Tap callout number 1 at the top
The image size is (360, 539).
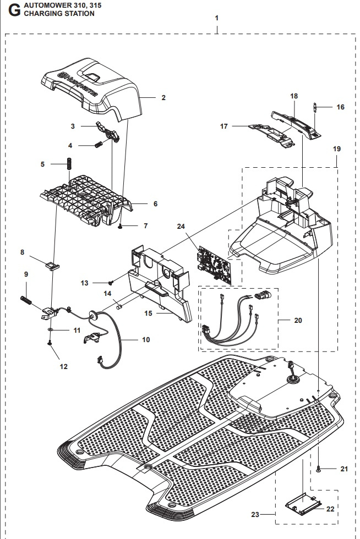pyautogui.click(x=217, y=18)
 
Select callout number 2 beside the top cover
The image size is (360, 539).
pyautogui.click(x=163, y=98)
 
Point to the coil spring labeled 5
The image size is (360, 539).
pyautogui.click(x=70, y=164)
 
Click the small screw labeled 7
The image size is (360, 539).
pyautogui.click(x=120, y=226)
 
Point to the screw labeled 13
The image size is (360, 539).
pyautogui.click(x=111, y=282)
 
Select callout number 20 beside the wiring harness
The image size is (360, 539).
pyautogui.click(x=298, y=321)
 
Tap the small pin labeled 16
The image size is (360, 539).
pyautogui.click(x=315, y=107)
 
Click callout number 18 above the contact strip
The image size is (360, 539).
pyautogui.click(x=294, y=96)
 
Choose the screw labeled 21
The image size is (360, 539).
pyautogui.click(x=320, y=468)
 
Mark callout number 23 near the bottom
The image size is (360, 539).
pyautogui.click(x=254, y=515)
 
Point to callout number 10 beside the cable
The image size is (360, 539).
pyautogui.click(x=146, y=340)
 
